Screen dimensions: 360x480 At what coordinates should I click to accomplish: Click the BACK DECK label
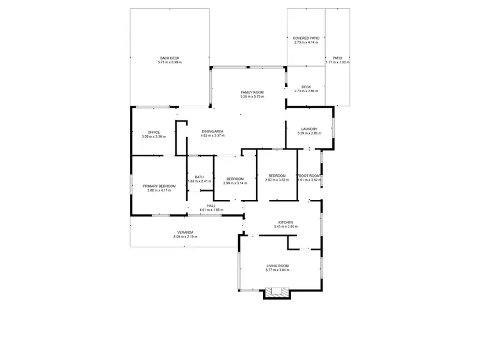pos(171,58)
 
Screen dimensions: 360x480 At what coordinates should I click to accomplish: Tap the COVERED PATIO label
pos(306,38)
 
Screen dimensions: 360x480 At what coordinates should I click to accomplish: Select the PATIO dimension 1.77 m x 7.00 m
pos(337,62)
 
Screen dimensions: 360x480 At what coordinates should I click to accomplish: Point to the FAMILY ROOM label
pos(252,92)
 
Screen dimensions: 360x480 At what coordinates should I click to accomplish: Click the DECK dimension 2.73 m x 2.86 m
pos(306,91)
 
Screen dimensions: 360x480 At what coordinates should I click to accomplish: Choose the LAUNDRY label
pos(308,129)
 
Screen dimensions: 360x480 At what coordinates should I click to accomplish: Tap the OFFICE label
pos(154,132)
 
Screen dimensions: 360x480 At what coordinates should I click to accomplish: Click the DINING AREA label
pos(212,131)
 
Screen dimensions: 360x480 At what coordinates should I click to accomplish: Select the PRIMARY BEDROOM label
pos(159,186)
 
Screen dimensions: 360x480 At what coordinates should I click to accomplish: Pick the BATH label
pos(199,177)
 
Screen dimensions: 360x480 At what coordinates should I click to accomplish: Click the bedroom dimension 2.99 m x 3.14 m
pos(235,183)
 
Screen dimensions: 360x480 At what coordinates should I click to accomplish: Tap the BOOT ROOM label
pos(309,176)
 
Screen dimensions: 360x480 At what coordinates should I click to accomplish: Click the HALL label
pos(211,206)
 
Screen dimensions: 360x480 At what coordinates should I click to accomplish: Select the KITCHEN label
pos(276,222)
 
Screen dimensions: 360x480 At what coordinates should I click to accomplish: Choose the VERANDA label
pos(186,232)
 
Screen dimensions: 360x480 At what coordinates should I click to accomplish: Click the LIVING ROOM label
pos(278,266)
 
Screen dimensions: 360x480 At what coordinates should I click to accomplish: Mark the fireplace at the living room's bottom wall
pos(278,293)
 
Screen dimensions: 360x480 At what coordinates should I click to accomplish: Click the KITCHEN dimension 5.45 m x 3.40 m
pos(276,227)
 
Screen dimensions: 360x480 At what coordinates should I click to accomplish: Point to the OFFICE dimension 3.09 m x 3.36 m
pos(154,136)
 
